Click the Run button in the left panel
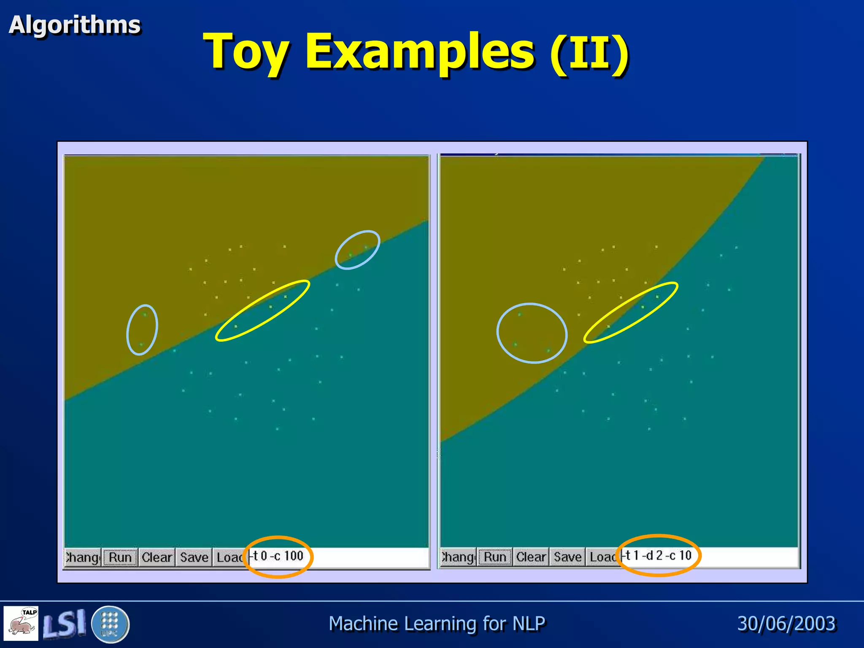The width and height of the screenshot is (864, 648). [120, 557]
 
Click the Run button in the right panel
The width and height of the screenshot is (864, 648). [495, 557]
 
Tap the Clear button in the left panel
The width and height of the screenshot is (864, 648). [157, 557]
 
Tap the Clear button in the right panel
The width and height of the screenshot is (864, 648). [531, 557]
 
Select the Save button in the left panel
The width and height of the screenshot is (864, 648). [194, 557]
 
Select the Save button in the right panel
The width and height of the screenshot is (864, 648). [568, 557]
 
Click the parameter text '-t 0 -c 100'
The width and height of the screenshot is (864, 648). [278, 556]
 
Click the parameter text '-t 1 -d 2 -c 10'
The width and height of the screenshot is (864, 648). [658, 556]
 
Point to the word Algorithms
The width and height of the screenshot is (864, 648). [75, 25]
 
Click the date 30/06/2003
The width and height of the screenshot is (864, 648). [786, 624]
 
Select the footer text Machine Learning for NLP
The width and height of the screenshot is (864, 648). [437, 624]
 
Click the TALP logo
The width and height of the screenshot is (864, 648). [21, 623]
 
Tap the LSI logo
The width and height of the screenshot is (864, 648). [64, 624]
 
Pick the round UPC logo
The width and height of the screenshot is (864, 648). [110, 624]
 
